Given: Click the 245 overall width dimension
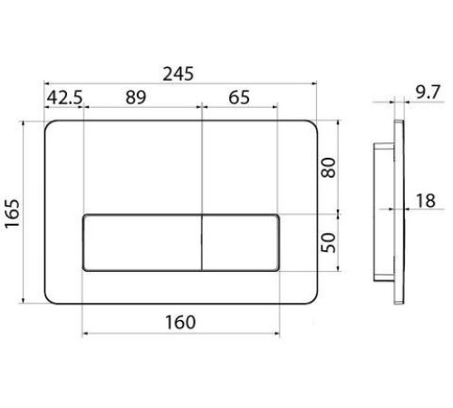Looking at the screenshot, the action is tap(178, 74).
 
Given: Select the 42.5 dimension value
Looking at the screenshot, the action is tap(64, 97).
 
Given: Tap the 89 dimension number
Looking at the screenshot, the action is tap(136, 97).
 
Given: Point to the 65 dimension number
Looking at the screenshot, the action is tap(239, 97).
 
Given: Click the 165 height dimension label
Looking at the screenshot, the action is tap(13, 213).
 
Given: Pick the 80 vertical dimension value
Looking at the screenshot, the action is tap(328, 168).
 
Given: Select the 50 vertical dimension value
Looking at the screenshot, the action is tap(328, 242).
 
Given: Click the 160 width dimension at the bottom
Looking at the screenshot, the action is tap(180, 322).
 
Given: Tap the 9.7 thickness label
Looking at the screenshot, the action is tap(429, 92).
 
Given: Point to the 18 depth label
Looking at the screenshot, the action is tap(426, 200).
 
